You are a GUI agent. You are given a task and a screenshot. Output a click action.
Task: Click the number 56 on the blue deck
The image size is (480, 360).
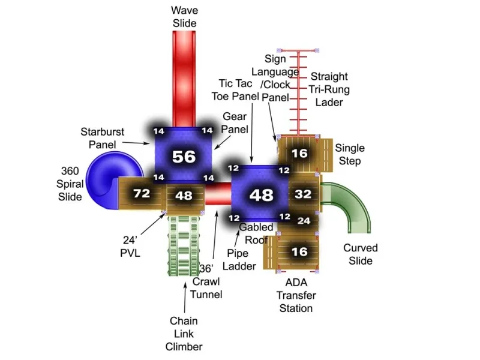click(184, 157)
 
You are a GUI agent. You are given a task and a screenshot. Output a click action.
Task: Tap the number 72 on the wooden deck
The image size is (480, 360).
click(142, 193)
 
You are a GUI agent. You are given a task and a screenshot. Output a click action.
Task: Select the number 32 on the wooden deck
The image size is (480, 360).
click(303, 194)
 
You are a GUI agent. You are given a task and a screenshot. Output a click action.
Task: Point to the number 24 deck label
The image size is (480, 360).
click(304, 221)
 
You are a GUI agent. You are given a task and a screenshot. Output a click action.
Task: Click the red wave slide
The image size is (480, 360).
click(184, 79)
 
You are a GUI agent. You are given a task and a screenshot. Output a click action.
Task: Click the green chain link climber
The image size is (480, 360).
click(184, 246)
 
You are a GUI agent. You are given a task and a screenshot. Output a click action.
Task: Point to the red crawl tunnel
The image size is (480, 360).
click(218, 194)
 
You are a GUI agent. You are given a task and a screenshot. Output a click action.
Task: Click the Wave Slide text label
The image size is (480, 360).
click(184, 17)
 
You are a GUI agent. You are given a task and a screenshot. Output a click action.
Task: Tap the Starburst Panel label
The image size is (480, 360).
click(102, 138)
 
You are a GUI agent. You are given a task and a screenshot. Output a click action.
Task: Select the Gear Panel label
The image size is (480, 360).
click(235, 123)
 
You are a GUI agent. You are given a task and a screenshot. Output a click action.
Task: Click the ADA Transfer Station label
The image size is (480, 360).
click(296, 295)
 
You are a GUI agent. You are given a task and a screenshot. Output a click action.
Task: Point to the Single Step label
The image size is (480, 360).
click(350, 154)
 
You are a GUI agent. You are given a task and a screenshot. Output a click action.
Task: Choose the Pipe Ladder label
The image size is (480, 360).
click(239, 260)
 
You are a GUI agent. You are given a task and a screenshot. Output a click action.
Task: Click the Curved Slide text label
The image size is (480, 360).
click(361, 254)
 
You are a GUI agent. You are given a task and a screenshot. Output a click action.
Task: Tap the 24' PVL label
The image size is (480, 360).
click(130, 247)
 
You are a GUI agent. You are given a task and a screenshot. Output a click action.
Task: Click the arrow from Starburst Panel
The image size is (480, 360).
click(136, 143)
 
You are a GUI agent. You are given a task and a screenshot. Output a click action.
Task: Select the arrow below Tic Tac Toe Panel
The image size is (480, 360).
click(251, 133)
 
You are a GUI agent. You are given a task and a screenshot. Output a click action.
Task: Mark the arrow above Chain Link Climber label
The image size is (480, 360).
click(185, 297)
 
